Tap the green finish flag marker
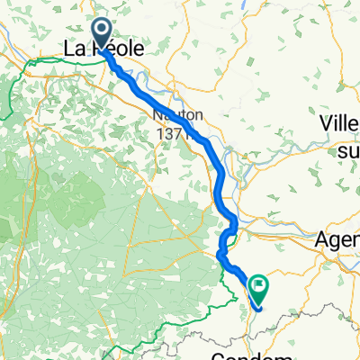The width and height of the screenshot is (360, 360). [x=259, y=289]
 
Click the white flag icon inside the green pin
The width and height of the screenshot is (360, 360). [x=259, y=287]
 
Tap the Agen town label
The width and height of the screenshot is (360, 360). [x=338, y=241]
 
